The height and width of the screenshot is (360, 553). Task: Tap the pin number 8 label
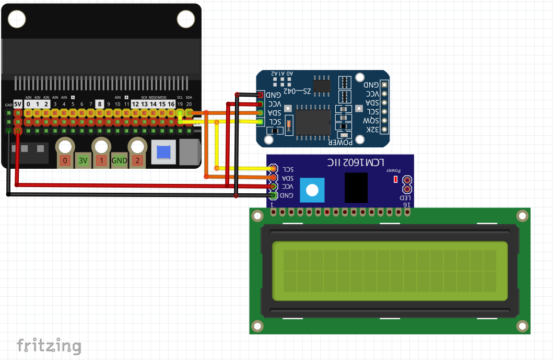coord(99,104)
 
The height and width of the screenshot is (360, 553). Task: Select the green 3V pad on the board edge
coord(83,160)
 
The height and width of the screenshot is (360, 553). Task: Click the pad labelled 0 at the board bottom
coord(65,160)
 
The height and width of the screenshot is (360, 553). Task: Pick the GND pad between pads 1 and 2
coord(119,160)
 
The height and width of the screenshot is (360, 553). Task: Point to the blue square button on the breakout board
coord(163,152)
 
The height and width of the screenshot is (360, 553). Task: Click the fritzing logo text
coord(49,346)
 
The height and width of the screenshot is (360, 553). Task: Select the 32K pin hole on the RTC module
coord(384,129)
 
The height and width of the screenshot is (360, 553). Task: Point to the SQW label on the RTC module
coord(371,120)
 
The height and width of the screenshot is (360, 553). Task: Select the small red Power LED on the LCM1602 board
coord(395,179)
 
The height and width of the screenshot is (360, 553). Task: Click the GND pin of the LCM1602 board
coord(273,195)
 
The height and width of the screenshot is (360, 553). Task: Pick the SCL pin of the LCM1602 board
coord(273,169)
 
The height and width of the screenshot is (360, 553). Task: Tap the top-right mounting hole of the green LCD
coord(522,216)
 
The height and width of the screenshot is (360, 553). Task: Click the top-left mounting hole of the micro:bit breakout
coord(17,19)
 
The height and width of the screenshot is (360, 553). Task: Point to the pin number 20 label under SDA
coord(189,104)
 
